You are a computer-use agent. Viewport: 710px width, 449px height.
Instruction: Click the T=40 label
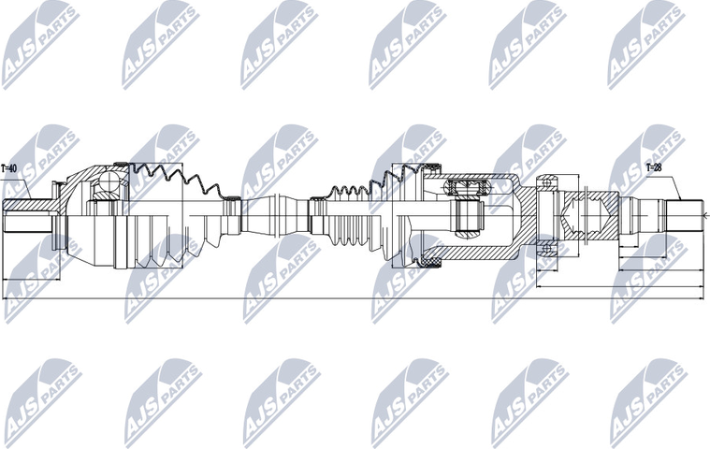[x=10, y=168]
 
